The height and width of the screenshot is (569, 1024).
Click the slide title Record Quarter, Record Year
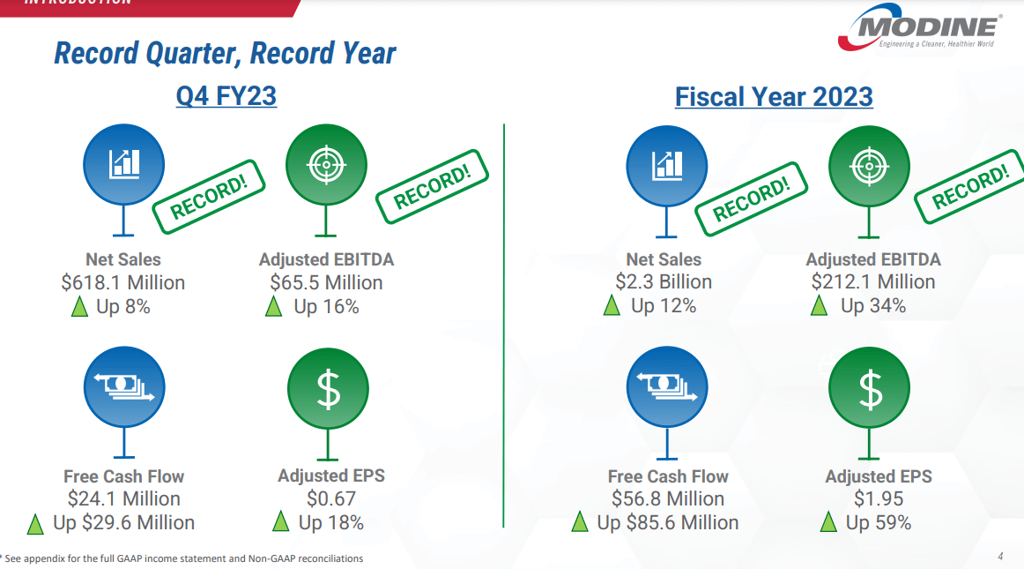tap(225, 53)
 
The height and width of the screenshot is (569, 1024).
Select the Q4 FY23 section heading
tap(226, 95)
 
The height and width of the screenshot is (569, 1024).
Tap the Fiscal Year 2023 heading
tap(774, 96)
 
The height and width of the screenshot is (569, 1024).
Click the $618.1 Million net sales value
tap(123, 283)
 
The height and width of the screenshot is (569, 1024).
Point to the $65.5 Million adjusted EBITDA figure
tap(326, 283)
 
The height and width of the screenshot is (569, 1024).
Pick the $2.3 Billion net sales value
tap(664, 282)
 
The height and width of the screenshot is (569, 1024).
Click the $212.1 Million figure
tap(873, 282)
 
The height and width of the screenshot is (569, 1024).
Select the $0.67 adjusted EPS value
tap(331, 499)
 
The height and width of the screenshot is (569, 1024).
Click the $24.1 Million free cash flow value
tap(123, 499)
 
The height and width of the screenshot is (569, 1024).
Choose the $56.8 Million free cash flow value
tap(668, 499)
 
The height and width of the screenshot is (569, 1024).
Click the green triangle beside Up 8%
tap(79, 307)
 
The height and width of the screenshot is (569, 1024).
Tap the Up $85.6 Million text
tap(668, 523)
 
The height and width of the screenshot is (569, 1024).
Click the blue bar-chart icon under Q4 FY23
tap(123, 163)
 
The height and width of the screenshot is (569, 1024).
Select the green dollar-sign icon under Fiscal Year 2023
tap(870, 388)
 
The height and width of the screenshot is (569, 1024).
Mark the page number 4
tap(1000, 557)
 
